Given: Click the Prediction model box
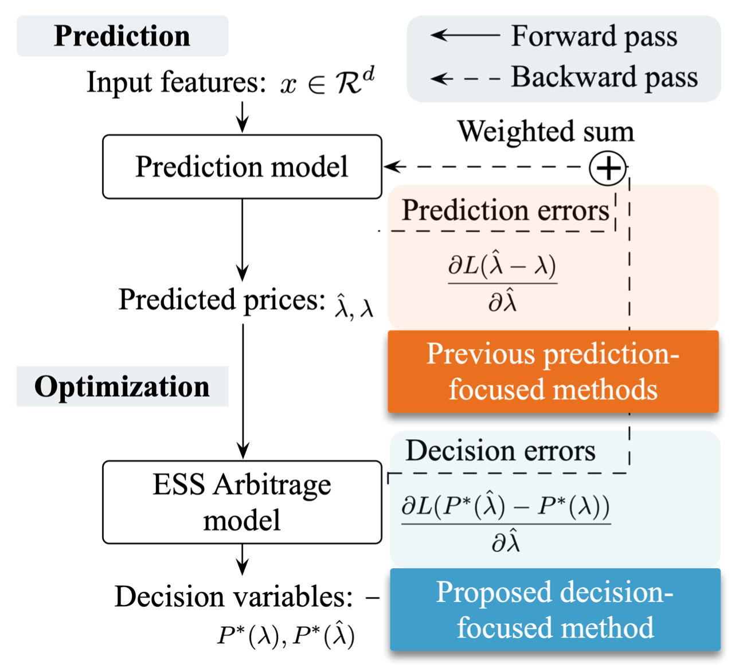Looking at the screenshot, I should coord(242,167).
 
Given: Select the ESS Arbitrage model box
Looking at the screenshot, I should coord(242,502).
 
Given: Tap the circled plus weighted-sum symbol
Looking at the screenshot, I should coord(608,168).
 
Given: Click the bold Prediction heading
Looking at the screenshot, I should coord(122,36).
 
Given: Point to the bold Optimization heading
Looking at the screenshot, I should coord(122,386).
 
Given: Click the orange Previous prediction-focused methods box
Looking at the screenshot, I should coord(553,372).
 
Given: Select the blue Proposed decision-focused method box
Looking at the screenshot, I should coord(555,610).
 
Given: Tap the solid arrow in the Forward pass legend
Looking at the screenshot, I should coord(465,36).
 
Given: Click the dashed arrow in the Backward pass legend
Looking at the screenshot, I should coord(465,78).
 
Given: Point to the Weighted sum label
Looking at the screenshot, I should coord(546,131).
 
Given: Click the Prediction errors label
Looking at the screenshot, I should coord(505,210).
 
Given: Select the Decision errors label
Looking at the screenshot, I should coord(501,451).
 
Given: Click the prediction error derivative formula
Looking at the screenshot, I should coord(502,283).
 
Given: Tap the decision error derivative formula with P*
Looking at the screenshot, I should coord(506,523).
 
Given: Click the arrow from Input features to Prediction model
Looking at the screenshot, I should coord(243,117).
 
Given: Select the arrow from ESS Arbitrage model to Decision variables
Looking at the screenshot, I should coord(243,559).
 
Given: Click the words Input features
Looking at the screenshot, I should coord(176,82).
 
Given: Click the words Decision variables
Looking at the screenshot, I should coord(233,597).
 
